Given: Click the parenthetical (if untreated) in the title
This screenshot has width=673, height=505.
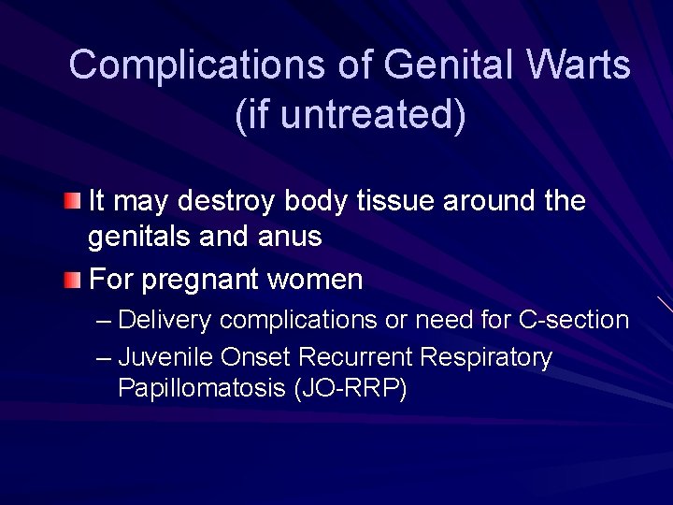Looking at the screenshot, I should (x=350, y=114).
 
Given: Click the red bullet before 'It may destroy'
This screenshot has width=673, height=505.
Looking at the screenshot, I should (x=73, y=201).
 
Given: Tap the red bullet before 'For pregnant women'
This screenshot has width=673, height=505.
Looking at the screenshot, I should (x=73, y=279).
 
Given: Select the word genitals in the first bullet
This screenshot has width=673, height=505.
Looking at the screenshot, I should (x=139, y=238).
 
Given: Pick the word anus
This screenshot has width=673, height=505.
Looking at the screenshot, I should (x=291, y=238).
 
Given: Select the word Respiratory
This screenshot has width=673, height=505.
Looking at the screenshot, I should (x=486, y=358).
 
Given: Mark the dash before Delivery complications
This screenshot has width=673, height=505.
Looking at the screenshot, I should (x=103, y=321).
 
